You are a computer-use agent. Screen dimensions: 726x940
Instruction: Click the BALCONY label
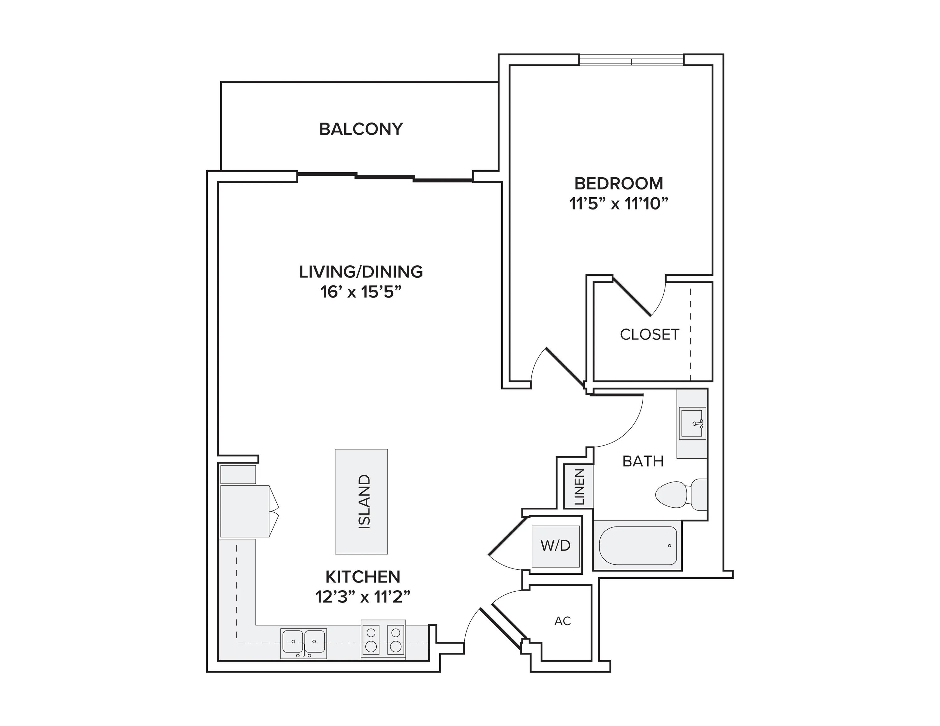361,129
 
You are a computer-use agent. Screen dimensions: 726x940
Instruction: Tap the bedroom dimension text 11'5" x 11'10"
619,204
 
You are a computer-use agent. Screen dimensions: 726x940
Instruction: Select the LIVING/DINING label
361,272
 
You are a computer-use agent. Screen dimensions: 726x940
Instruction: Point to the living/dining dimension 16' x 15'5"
361,293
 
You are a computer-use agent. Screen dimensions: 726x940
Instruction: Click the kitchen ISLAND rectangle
361,501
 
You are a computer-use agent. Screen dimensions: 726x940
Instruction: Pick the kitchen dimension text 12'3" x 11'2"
363,597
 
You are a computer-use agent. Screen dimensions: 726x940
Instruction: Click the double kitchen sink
303,643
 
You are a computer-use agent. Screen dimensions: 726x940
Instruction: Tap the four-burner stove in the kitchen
383,640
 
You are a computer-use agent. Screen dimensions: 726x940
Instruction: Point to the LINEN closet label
579,487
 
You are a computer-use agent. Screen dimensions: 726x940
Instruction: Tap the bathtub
637,545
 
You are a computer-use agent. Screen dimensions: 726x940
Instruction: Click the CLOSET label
649,334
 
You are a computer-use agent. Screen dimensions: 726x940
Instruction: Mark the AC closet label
562,621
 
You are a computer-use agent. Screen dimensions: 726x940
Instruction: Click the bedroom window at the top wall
631,60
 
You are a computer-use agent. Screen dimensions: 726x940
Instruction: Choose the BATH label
643,461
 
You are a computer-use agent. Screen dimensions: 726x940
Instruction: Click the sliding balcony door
385,177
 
